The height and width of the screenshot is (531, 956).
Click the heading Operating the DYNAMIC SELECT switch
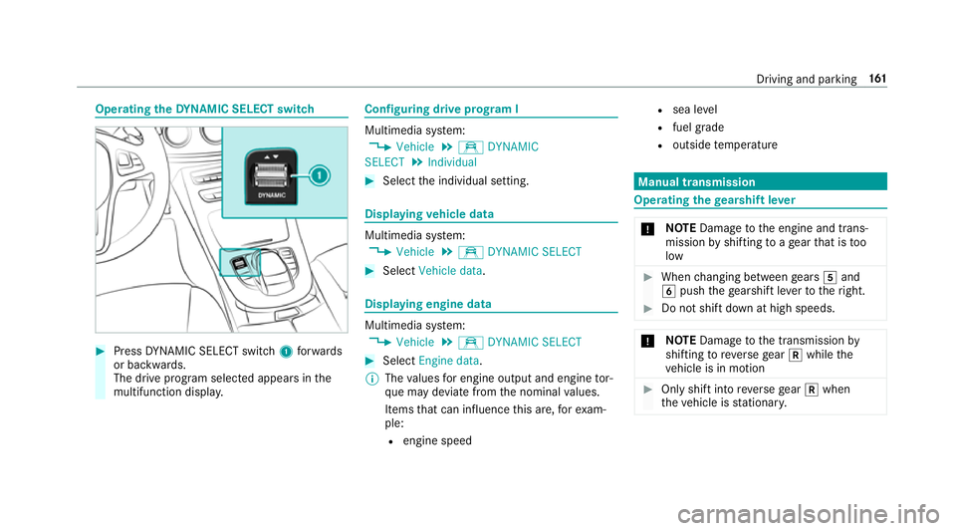[x=205, y=108]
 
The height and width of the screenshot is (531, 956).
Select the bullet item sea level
[x=695, y=108]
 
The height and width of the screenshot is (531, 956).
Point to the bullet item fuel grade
[x=698, y=127]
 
